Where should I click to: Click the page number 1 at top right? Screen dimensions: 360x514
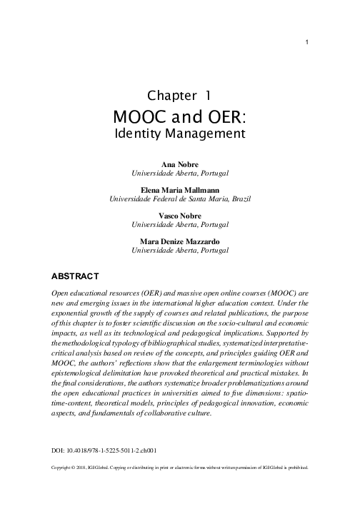click(x=306, y=40)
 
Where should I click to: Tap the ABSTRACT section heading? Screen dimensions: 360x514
click(x=79, y=275)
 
